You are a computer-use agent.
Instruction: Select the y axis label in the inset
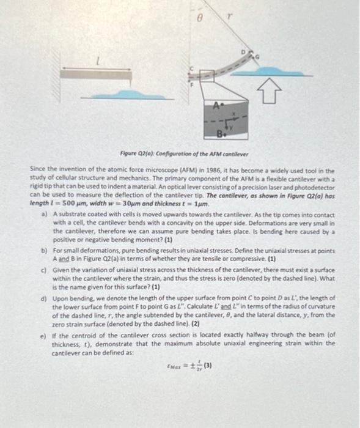[x=238, y=127]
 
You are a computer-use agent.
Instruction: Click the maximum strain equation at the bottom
[x=189, y=367]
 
